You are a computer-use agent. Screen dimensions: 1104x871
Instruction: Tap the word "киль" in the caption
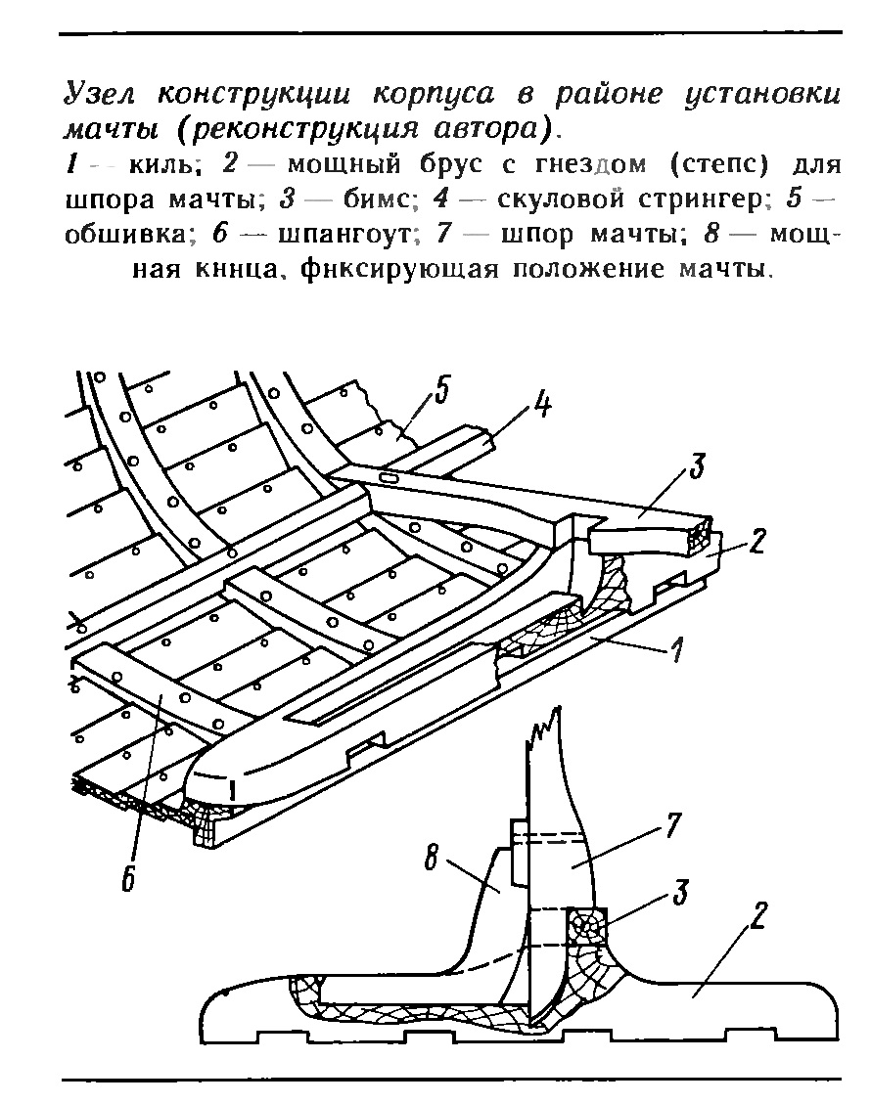tap(160, 163)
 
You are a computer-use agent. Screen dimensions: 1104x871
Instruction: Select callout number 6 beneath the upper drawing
tap(128, 877)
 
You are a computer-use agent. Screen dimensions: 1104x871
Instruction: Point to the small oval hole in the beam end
tap(389, 478)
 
